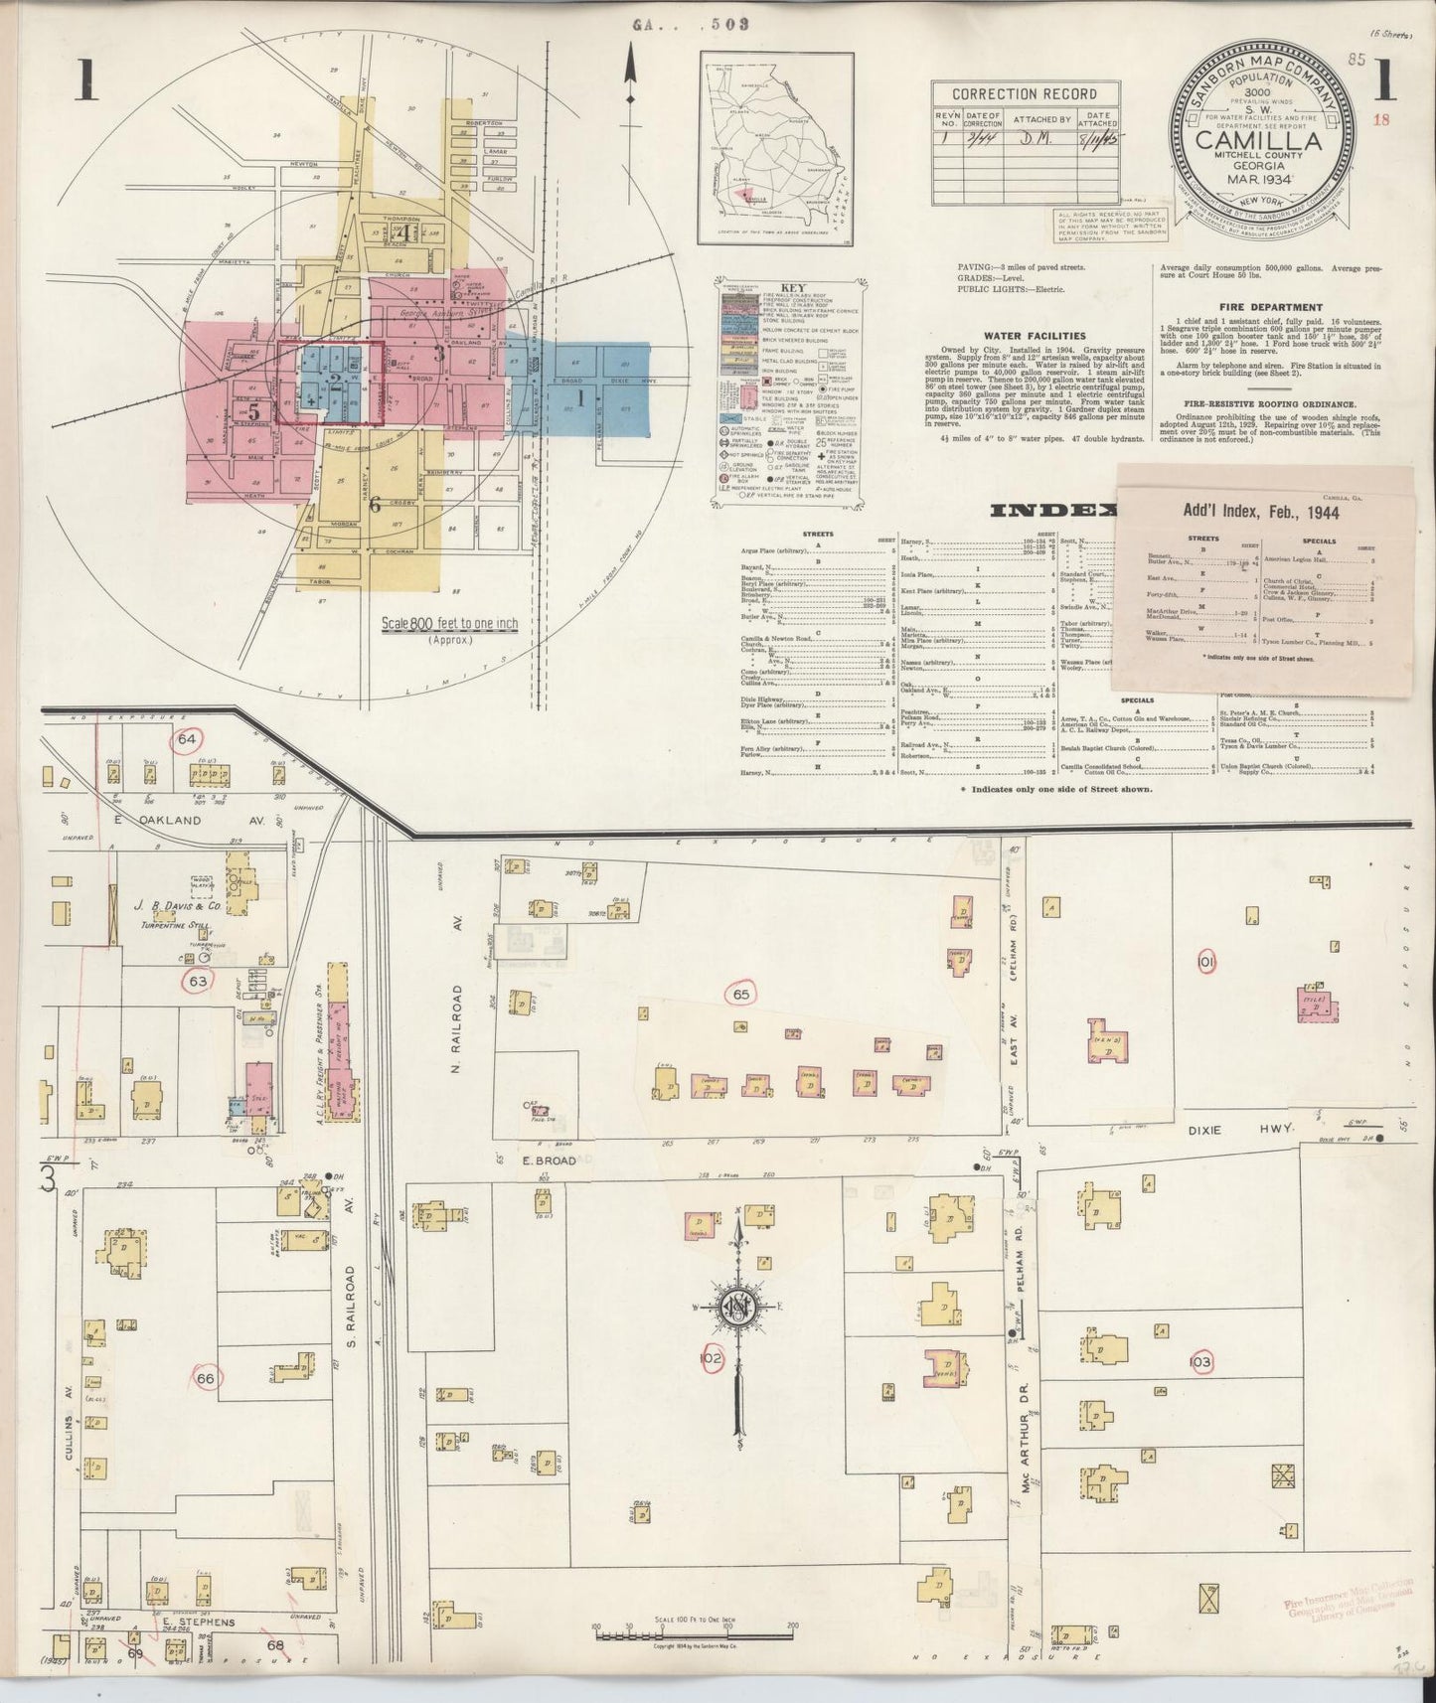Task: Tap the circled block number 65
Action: coord(740,994)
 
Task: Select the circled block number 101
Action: coord(1206,962)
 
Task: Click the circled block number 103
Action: coord(1199,1361)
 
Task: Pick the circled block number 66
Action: coord(206,1378)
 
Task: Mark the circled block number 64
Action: coord(187,740)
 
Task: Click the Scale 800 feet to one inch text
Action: coord(450,624)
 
